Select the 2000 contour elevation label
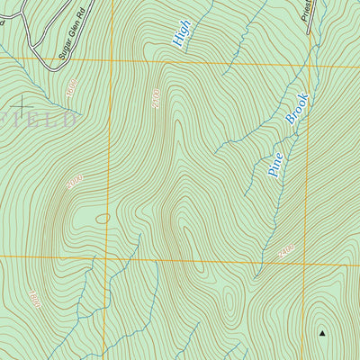click(74, 182)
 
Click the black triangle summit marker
click(321, 334)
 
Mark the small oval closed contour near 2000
click(103, 218)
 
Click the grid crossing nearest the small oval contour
click(111, 257)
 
